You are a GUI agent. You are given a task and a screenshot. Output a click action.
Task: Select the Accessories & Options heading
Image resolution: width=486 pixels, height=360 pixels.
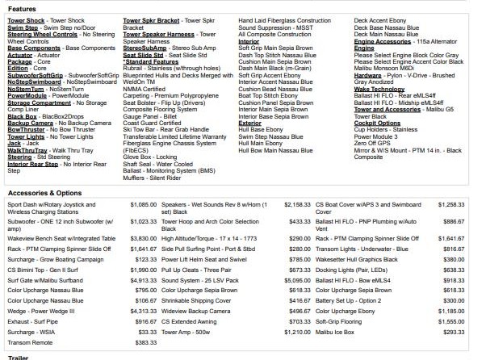click(44, 193)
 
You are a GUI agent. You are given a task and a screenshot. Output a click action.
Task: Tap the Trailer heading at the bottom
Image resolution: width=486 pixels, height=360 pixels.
click(18, 356)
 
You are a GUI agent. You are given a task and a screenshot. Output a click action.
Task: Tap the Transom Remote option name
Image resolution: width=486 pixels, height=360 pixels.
click(31, 342)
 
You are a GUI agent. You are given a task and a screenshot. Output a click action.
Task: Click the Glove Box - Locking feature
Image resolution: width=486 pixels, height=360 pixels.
click(149, 156)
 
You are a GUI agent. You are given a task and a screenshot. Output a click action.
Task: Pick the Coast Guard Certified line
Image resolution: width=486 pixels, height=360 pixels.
click(153, 121)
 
